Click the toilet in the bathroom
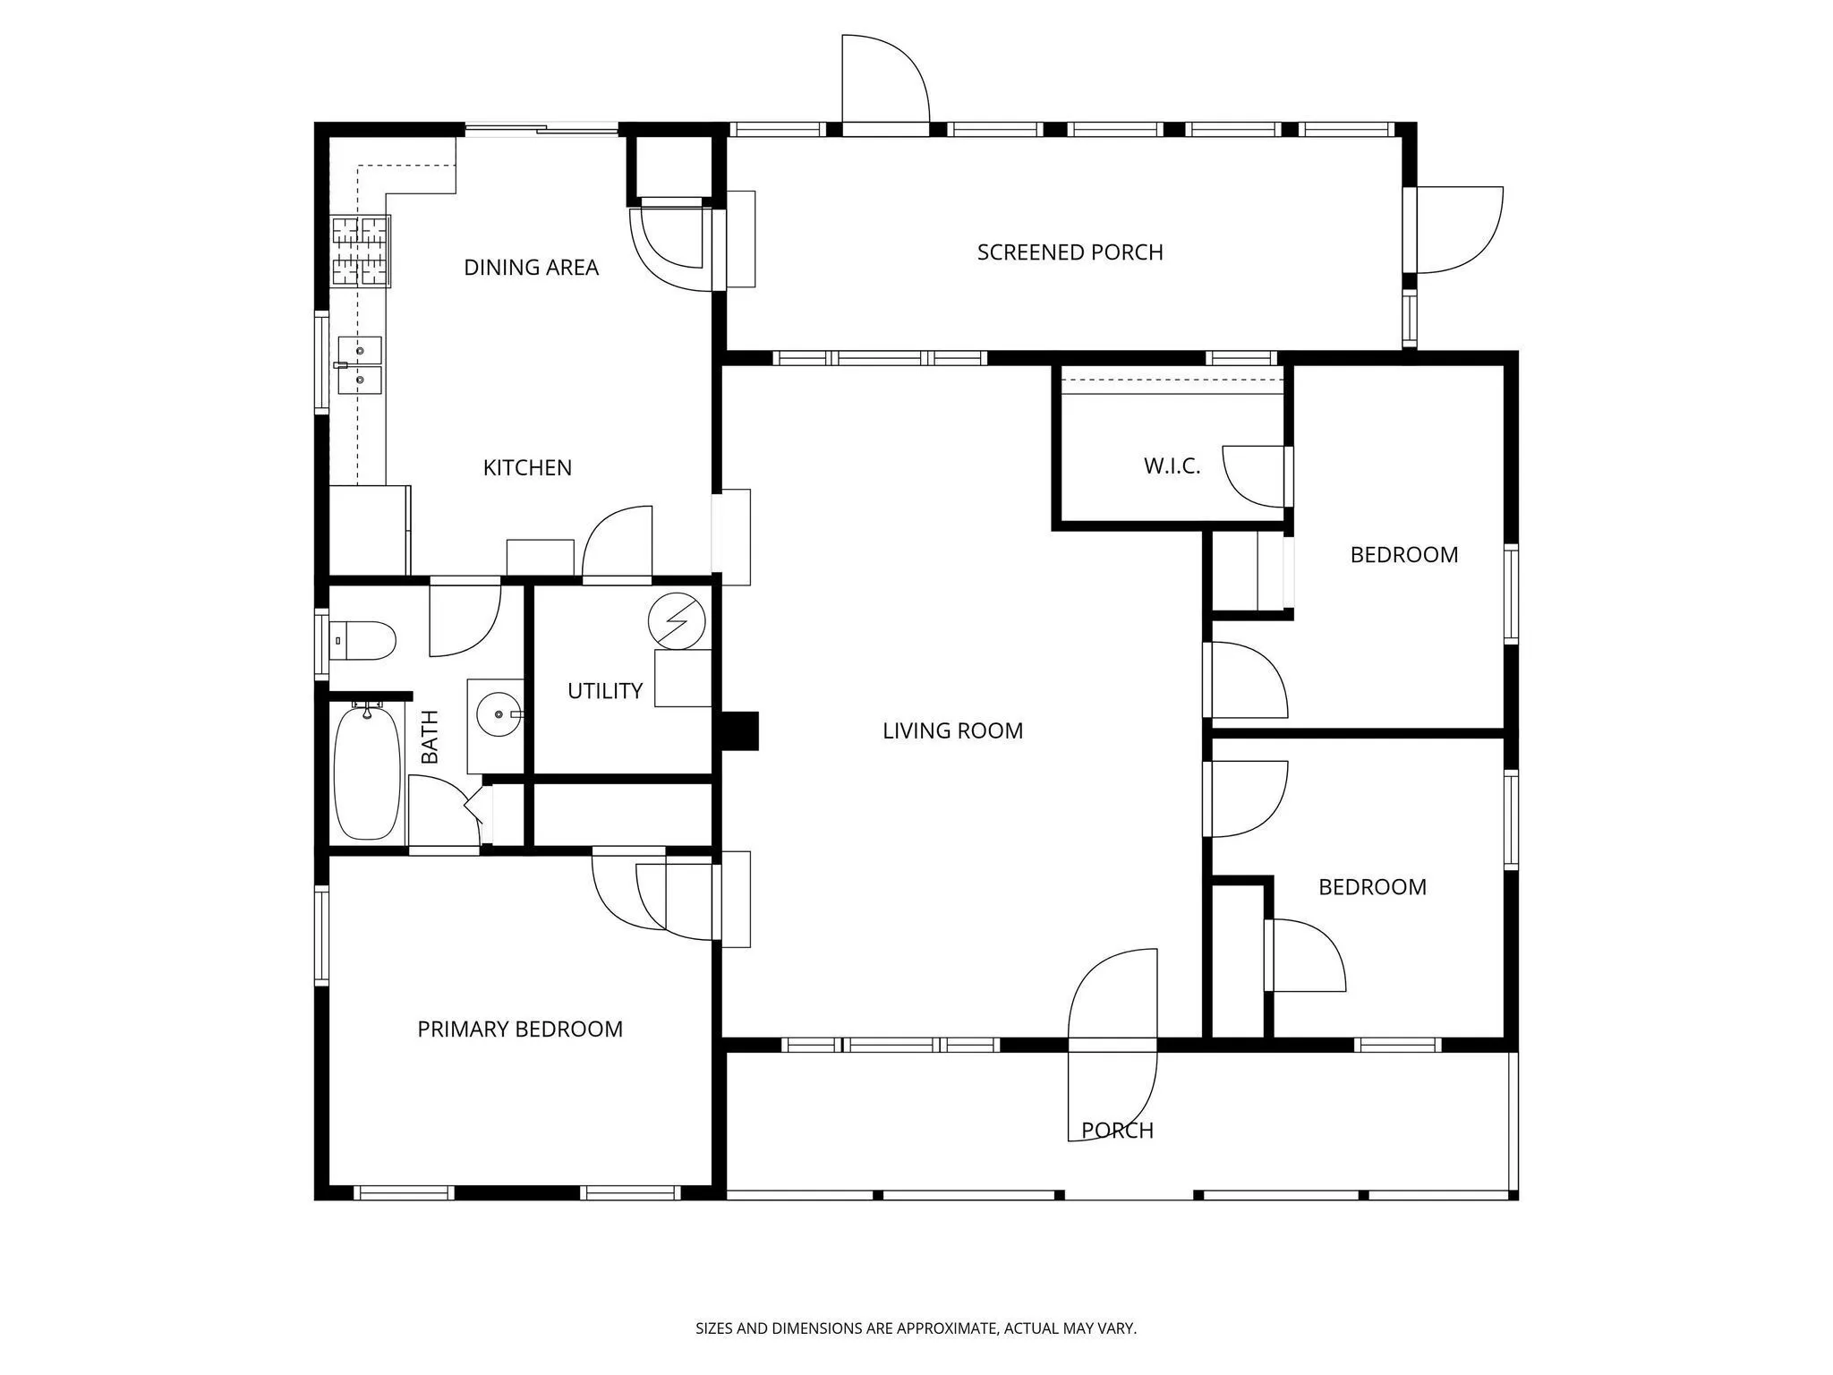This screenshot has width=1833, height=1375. (362, 640)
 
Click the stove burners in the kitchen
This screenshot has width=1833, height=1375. (361, 252)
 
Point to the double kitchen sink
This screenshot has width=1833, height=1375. (360, 365)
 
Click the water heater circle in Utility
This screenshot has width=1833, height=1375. (677, 620)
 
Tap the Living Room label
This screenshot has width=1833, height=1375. (952, 731)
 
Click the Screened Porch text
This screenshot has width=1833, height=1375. (1070, 252)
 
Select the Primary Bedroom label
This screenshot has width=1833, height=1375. (520, 1029)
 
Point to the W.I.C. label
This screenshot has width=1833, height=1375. (1172, 466)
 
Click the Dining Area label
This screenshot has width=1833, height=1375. (531, 268)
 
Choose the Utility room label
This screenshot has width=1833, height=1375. (605, 691)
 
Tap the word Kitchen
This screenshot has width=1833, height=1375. (527, 468)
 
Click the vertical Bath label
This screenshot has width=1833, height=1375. (431, 737)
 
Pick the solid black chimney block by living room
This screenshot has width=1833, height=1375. (740, 730)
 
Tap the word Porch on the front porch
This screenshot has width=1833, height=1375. (1117, 1132)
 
